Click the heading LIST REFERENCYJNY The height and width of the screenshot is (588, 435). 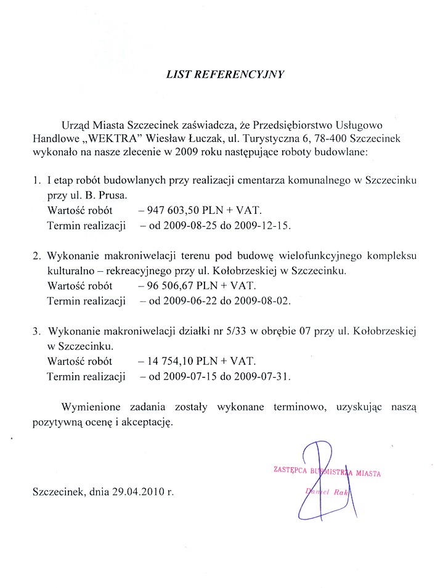click(x=224, y=75)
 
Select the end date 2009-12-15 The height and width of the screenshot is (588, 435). click(x=263, y=225)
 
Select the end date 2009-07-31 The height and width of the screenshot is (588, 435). click(x=264, y=376)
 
